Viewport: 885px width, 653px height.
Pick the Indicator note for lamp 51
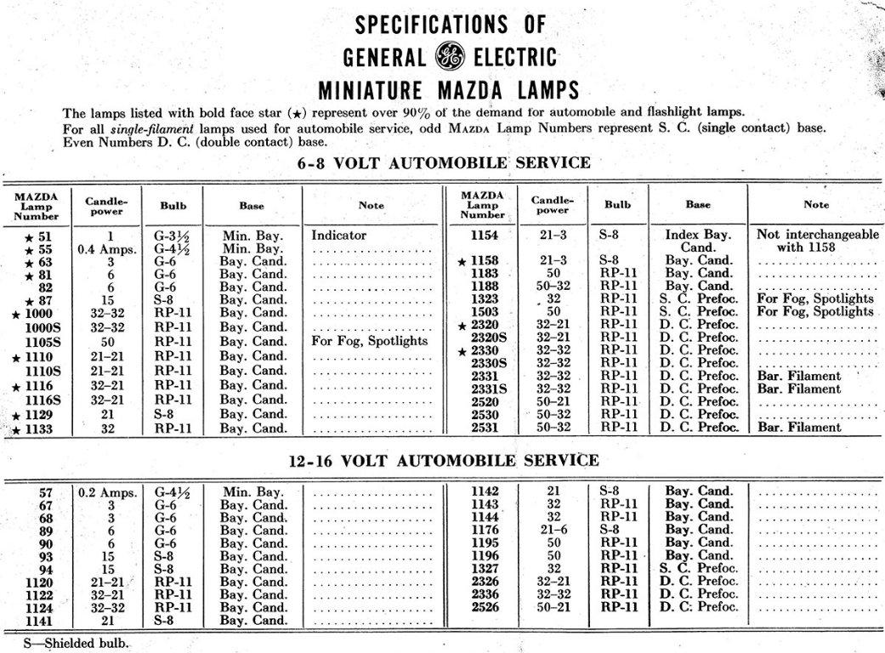pyautogui.click(x=340, y=235)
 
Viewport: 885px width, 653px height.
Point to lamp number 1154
pyautogui.click(x=483, y=235)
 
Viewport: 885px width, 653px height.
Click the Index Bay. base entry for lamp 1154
pyautogui.click(x=698, y=234)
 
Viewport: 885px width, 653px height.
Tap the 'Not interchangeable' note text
pyautogui.click(x=817, y=234)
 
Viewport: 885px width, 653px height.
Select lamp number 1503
pyautogui.click(x=483, y=311)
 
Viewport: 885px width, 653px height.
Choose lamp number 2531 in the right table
pyautogui.click(x=483, y=427)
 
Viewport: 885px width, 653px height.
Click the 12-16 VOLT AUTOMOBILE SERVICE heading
pyautogui.click(x=442, y=460)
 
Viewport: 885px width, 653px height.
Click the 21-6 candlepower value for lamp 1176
pyautogui.click(x=553, y=530)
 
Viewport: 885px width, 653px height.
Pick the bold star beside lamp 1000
pyautogui.click(x=14, y=314)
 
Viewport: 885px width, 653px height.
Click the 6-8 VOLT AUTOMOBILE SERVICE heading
pyautogui.click(x=442, y=162)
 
